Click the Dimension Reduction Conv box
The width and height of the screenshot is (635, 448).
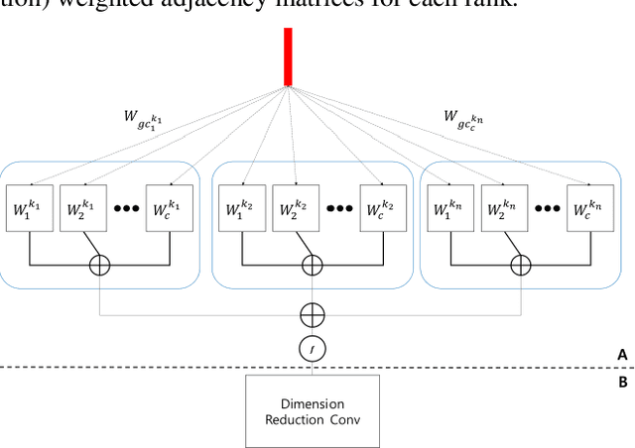coord(312,411)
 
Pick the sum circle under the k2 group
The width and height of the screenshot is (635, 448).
coord(312,264)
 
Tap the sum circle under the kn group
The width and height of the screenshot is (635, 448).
coord(521,264)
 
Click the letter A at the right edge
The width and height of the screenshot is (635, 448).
coord(621,354)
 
